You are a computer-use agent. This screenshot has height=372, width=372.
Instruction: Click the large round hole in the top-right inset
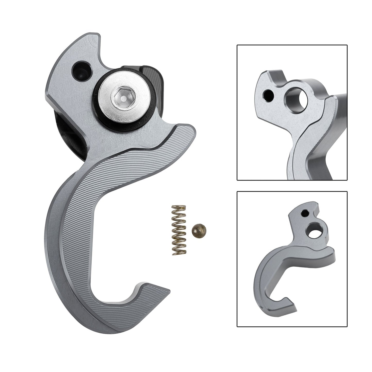coord(296,99)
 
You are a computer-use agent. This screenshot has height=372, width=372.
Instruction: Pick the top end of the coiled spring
coord(178,207)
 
